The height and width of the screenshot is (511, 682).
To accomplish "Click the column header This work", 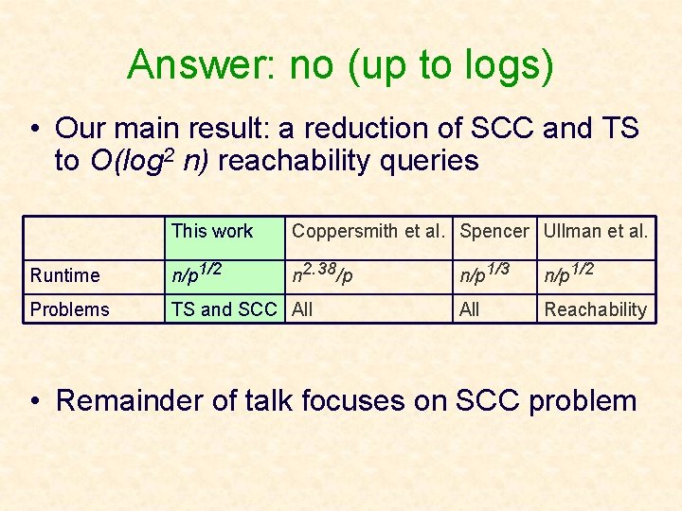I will (212, 231).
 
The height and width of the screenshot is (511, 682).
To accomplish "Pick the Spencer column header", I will (494, 231).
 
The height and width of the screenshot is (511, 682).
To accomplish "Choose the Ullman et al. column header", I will (596, 231).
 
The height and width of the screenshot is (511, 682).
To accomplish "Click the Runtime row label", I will (64, 275).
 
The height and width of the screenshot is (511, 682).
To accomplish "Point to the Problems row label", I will (69, 309).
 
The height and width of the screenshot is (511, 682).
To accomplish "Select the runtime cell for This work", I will (196, 273).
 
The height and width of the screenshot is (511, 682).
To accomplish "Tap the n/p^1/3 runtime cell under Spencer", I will (486, 273).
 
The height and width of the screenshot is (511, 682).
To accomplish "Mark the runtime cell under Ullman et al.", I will (570, 273).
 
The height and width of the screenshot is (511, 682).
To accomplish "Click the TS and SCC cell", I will (224, 309).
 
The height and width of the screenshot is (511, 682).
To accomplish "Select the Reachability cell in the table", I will (595, 309).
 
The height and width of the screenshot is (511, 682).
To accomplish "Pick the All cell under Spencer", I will (470, 309).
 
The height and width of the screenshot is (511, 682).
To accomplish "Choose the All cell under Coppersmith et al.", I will (302, 309).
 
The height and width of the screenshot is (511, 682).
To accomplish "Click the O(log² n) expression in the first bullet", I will (150, 161).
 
